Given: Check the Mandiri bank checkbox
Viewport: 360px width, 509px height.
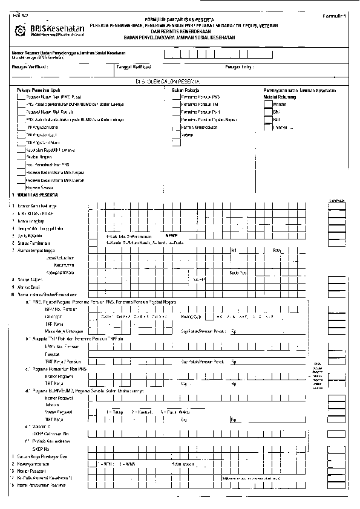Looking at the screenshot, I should (x=268, y=104).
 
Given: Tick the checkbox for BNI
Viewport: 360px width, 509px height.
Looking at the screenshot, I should (x=268, y=112).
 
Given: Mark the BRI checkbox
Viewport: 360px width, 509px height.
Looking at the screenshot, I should (x=268, y=120).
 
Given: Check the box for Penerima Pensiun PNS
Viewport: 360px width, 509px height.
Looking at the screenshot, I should (x=177, y=97).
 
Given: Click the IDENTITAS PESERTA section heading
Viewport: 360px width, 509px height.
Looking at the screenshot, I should (x=36, y=196).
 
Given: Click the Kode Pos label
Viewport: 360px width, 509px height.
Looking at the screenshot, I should (x=238, y=272).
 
